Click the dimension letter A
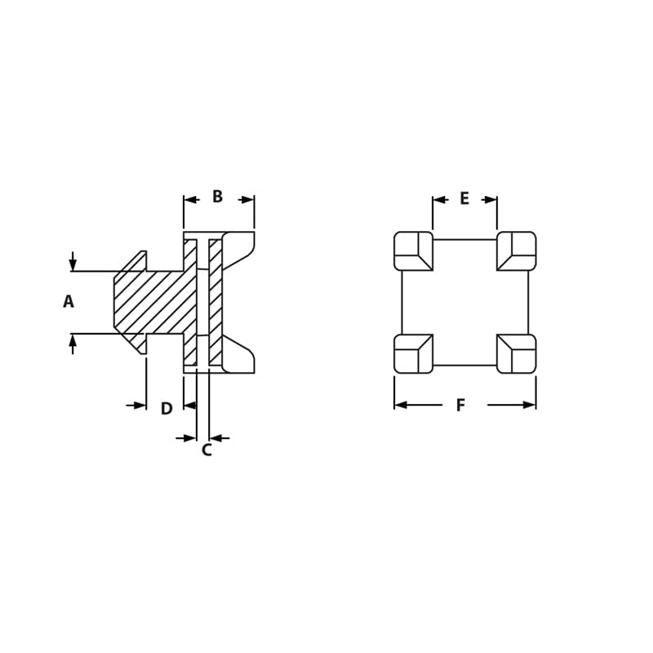coord(69,302)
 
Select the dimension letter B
coord(218,197)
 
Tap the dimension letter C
coord(207,450)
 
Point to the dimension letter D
coord(167,409)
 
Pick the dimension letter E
coord(464,198)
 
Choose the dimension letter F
coord(460,406)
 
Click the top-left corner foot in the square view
coord(413,251)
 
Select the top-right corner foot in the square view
coord(517,251)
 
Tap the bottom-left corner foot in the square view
coord(413,353)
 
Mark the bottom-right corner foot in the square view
coord(517,353)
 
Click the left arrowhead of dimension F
coord(401,405)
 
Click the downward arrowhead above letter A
coord(73,264)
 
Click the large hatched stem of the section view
coord(151,302)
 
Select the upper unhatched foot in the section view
coord(237,248)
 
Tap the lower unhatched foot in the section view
coord(237,356)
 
